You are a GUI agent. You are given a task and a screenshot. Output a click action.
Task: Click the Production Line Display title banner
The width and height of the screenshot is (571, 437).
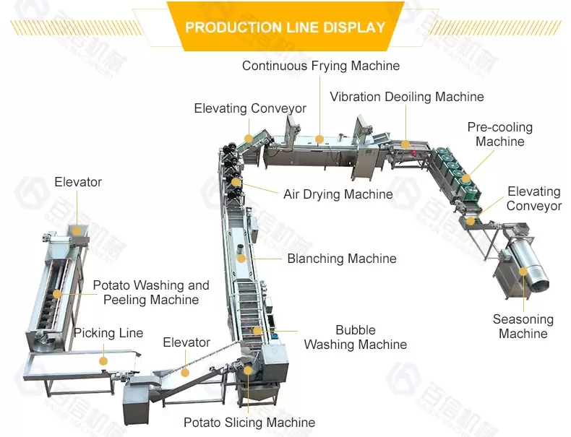285,27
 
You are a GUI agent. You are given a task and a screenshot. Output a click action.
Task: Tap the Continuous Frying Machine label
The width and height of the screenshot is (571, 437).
321,66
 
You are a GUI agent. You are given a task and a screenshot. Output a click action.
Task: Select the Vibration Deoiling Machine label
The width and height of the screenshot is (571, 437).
407,97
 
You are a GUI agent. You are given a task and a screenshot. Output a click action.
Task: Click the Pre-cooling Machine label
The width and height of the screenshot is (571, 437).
499,134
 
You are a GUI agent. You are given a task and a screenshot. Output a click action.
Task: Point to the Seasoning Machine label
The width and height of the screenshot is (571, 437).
523,326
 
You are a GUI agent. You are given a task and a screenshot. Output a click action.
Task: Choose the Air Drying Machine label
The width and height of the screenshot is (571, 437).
338,194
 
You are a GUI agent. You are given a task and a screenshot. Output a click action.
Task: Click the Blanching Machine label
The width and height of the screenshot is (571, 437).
341,259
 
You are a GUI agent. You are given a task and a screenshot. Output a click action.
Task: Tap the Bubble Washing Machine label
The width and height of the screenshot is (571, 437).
355,337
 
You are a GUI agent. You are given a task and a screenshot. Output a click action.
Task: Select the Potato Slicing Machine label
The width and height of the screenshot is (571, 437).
249,423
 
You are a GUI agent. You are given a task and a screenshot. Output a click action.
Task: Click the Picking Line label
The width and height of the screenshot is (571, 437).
108,333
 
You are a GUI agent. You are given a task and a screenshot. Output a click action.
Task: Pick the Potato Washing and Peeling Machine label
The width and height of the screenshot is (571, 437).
150,293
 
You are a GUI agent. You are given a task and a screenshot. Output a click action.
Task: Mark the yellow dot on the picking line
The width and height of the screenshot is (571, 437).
103,360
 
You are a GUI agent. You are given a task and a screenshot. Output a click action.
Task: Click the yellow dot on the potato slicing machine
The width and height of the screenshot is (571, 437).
248,370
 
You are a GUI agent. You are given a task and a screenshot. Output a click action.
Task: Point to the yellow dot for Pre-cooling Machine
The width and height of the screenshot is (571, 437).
466,178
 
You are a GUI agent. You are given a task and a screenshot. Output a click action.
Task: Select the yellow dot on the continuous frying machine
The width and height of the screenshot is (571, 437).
320,138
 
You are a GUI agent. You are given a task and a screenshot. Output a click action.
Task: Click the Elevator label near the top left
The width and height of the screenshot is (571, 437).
78,182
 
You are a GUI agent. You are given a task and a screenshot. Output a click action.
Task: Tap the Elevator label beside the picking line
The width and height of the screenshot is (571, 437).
186,342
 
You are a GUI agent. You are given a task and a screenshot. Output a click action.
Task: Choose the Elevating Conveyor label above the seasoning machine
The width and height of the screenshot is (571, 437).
534,199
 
